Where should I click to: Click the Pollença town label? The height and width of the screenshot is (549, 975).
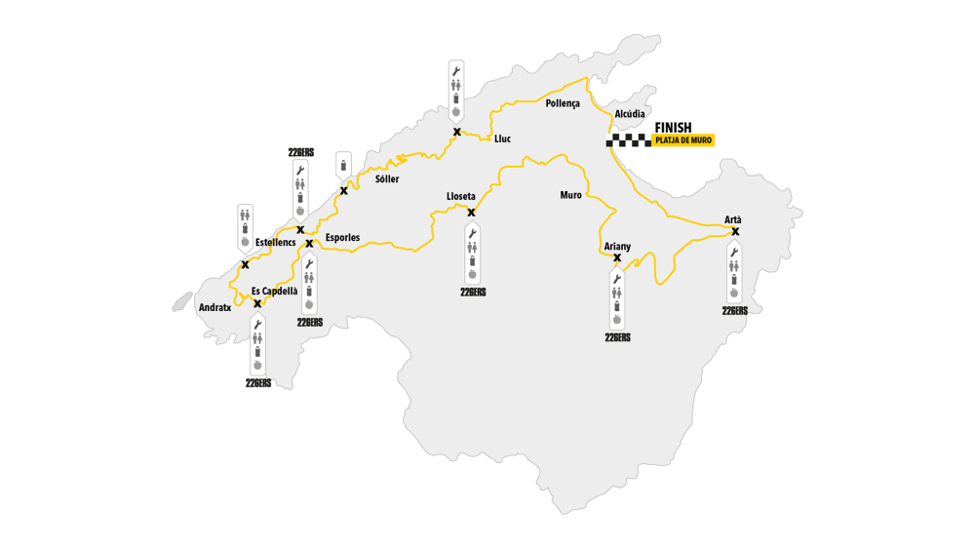point(563,103)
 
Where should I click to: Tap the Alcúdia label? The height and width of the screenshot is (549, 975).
point(630,114)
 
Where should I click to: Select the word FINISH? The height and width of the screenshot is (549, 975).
point(673,128)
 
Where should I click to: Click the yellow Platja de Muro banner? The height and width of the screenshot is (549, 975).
point(683,140)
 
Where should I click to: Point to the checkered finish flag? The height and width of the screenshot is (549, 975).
point(629,140)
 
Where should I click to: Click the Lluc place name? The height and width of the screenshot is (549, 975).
point(502,139)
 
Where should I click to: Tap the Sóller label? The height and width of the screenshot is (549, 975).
point(387,179)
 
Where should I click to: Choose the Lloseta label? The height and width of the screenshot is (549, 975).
point(461,197)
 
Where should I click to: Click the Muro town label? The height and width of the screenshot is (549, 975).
point(570,195)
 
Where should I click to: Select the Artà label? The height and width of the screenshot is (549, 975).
point(733,219)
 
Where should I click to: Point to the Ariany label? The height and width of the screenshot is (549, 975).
point(617,247)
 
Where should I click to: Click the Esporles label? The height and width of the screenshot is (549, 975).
point(342,238)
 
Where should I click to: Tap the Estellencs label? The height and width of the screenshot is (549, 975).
point(275,242)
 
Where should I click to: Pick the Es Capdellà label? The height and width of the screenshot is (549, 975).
point(275,291)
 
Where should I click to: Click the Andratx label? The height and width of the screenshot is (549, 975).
point(214,307)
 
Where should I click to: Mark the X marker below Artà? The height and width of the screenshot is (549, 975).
point(735,232)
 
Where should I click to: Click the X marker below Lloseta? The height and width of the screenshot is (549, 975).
point(472,213)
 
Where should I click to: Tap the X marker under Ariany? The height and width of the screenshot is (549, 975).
point(617,258)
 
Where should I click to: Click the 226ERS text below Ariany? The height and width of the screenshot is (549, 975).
point(617,337)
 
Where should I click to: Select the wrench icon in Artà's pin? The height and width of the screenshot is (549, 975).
point(735,252)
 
